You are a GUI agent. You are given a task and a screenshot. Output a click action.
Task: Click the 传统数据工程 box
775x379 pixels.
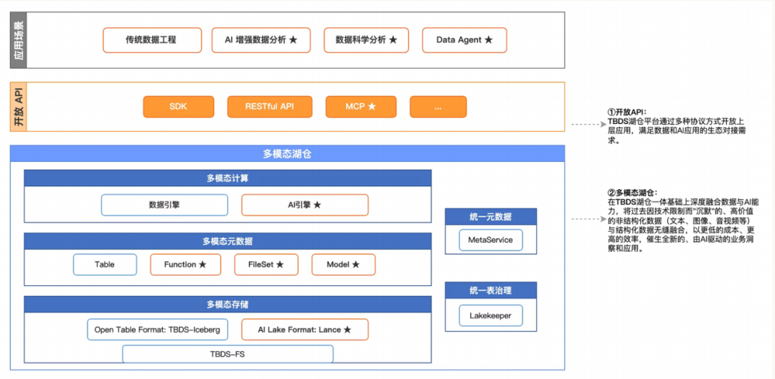151,40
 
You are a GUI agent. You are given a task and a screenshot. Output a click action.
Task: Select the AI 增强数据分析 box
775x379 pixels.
261,40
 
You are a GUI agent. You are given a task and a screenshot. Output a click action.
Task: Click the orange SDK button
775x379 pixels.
178,107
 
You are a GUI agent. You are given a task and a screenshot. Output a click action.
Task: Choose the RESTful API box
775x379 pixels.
269,107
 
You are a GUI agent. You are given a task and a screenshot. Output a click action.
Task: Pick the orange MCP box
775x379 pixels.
361,107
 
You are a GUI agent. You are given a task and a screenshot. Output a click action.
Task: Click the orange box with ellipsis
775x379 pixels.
438,107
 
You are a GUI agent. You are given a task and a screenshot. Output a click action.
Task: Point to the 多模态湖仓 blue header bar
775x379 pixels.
287,154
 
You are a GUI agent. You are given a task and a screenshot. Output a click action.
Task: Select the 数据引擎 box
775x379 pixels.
164,205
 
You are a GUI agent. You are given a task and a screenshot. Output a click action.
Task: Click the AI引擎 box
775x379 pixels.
304,205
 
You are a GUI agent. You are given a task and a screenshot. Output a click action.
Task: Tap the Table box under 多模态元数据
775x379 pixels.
105,264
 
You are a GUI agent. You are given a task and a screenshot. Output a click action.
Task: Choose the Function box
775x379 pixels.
185,264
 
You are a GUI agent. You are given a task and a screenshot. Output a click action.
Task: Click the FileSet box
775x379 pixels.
266,264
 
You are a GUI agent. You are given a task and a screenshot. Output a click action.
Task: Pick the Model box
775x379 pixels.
343,264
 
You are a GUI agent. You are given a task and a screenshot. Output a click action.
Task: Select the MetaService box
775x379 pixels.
490,240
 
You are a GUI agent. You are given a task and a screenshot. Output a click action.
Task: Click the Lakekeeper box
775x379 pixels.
490,315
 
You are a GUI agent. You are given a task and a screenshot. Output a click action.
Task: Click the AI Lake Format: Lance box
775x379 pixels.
304,330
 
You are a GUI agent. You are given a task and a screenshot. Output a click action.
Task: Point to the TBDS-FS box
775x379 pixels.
227,354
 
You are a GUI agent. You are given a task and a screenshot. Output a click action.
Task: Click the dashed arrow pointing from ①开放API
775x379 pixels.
587,125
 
